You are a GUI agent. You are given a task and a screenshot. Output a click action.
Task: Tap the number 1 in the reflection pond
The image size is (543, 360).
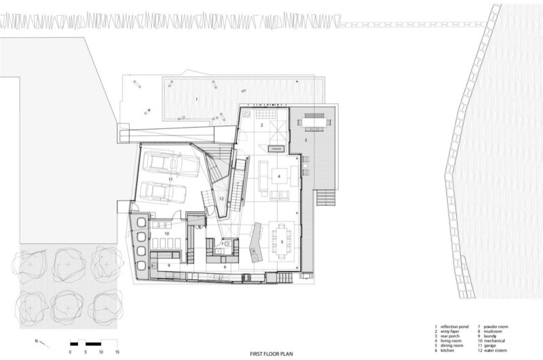click(x=197, y=99)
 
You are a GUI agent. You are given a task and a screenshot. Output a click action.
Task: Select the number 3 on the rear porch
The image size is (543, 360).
click(x=306, y=139)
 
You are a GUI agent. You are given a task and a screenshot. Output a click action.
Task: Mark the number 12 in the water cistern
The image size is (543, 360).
click(x=221, y=198)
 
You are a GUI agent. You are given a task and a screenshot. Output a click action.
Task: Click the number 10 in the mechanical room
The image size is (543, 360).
click(x=166, y=232)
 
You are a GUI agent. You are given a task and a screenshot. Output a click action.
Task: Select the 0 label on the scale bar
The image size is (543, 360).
click(x=71, y=353)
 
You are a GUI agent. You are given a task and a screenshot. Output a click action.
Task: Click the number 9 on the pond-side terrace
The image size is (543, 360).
click(x=148, y=111)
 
